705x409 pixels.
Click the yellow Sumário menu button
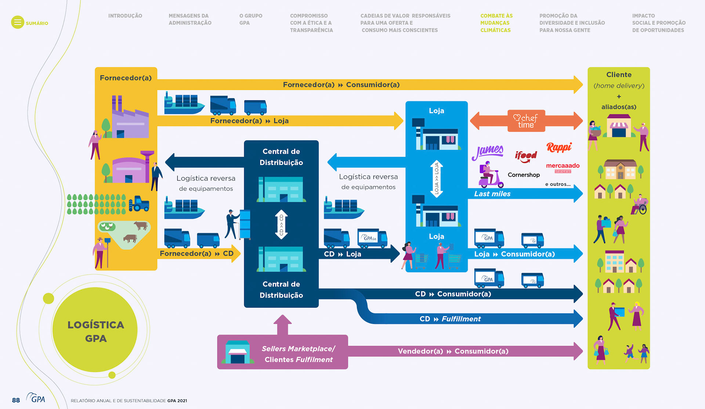click(x=18, y=22)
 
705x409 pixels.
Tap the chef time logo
click(x=526, y=121)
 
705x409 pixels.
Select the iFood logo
click(x=526, y=157)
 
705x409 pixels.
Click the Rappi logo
click(x=559, y=147)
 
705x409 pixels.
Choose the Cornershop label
click(x=524, y=175)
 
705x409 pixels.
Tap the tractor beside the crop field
click(x=139, y=204)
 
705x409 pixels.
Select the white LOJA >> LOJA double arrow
click(x=436, y=179)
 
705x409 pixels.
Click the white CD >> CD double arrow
click(x=281, y=225)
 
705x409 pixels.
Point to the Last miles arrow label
click(x=492, y=194)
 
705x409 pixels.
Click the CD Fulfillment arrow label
click(x=450, y=319)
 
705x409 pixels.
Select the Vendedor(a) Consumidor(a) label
click(x=453, y=351)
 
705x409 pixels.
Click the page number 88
click(x=16, y=400)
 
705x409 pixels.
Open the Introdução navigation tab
click(x=125, y=16)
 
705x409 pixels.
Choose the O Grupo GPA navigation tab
click(x=250, y=19)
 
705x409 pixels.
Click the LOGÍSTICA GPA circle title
click(x=95, y=331)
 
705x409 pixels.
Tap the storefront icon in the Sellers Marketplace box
click(x=238, y=352)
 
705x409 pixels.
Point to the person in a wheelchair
click(x=640, y=205)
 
